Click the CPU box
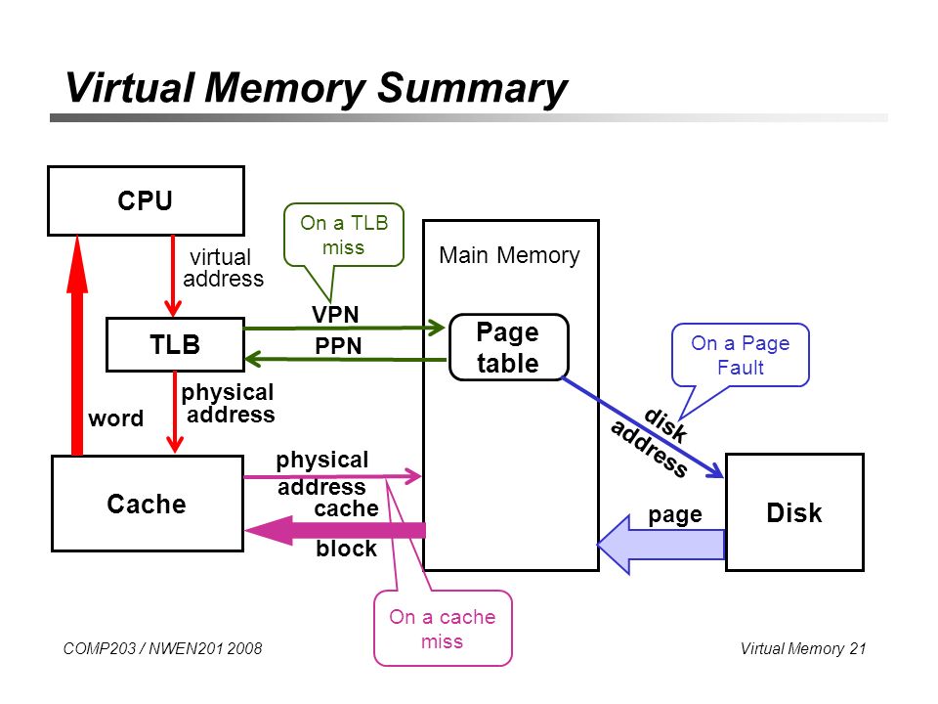pos(146,200)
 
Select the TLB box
pos(175,345)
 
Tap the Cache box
pos(148,504)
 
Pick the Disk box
pos(794,512)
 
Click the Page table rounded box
pos(508,347)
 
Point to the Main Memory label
pos(509,255)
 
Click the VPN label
pos(335,314)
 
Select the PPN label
pos(338,346)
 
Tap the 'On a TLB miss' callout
pos(344,236)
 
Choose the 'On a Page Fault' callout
pos(741,355)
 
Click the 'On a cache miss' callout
pos(443,629)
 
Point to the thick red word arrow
pos(76,345)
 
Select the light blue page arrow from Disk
pos(661,545)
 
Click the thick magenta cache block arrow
pos(335,530)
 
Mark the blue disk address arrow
pos(643,428)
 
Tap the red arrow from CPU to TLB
pos(173,276)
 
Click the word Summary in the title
pos(471,89)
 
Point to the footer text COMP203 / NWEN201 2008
pos(163,648)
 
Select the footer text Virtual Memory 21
pos(803,648)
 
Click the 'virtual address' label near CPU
pos(223,268)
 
